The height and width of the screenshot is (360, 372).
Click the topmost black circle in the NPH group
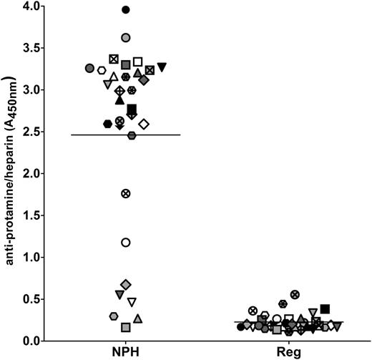pos(126,10)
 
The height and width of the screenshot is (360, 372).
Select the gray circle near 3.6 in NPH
pos(126,37)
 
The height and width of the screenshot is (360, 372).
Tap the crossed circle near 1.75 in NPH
pos(126,193)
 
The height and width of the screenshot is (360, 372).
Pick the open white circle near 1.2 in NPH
pos(126,243)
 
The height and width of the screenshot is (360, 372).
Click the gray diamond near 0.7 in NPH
pos(126,285)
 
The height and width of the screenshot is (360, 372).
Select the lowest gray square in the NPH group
pos(126,327)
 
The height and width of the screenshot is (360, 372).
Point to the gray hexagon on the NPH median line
pos(132,135)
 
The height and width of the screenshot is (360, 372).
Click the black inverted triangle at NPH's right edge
pos(162,67)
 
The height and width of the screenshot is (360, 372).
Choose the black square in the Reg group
pos(325,309)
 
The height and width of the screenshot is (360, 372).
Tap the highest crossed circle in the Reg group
pos(295,294)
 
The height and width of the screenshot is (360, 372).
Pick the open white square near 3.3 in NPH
pos(138,62)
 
